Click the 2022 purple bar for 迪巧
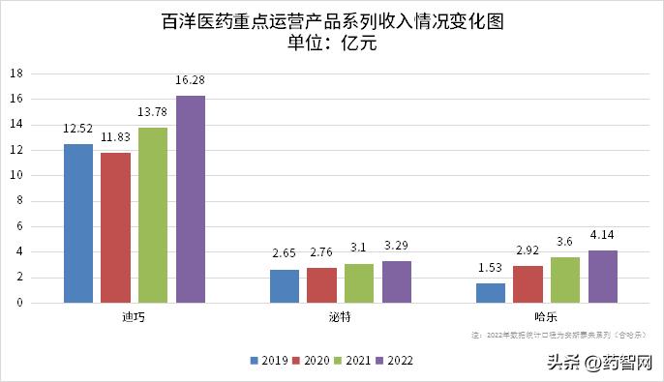(x=190, y=199)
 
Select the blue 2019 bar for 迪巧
(x=78, y=223)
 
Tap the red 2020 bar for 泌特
(x=321, y=285)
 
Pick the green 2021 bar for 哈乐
(x=565, y=279)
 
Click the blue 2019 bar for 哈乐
(x=491, y=293)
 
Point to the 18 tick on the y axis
(x=16, y=73)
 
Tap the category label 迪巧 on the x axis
(x=134, y=317)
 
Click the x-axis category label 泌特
(x=340, y=317)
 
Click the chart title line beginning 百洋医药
(x=332, y=20)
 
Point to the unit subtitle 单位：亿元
(x=332, y=43)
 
